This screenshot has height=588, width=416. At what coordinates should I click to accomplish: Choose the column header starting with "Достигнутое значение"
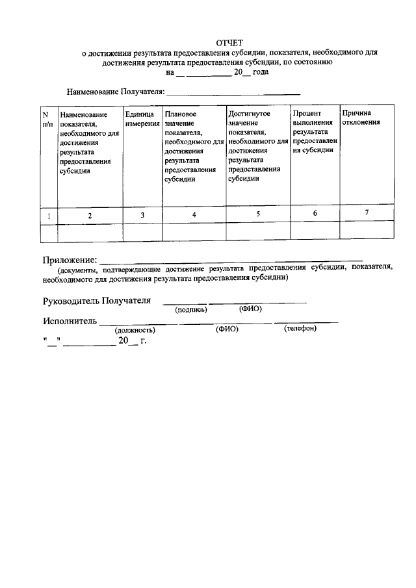(258, 146)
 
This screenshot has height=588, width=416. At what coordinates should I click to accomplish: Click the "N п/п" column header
(47, 118)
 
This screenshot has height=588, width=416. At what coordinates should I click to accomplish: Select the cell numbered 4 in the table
(194, 214)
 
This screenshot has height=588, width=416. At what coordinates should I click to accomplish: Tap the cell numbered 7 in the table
(367, 212)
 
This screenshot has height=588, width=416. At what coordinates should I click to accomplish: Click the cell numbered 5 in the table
(258, 213)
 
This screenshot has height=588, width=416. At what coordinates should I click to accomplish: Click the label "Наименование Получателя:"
(116, 92)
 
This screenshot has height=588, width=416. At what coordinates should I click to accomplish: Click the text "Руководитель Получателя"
(97, 301)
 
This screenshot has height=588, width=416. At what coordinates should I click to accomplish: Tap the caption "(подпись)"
(191, 310)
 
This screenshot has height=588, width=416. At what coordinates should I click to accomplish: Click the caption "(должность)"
(135, 330)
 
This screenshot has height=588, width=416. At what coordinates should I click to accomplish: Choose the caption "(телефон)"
(300, 329)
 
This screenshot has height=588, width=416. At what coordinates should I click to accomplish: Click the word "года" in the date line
(261, 73)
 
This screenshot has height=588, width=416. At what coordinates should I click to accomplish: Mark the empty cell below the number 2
(90, 231)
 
